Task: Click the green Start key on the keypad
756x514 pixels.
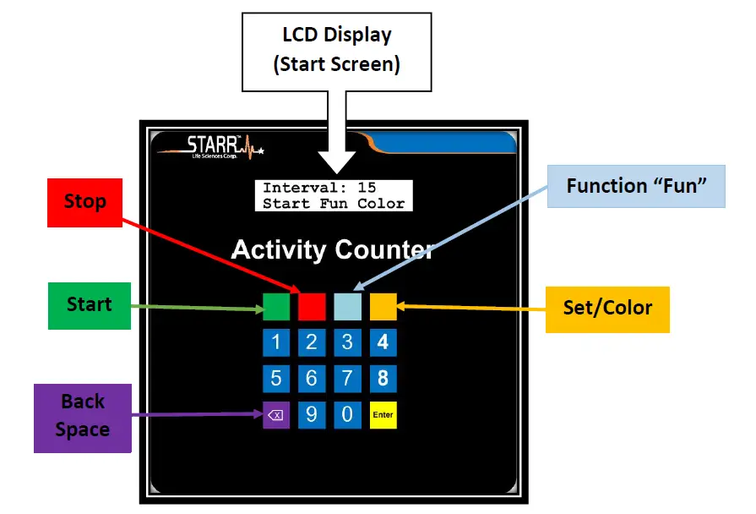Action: [276, 306]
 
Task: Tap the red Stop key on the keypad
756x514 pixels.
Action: [312, 306]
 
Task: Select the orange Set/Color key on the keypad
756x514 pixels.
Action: [383, 306]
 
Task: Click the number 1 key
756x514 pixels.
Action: [276, 342]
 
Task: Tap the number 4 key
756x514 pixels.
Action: [383, 342]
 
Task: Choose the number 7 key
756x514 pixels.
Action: [347, 378]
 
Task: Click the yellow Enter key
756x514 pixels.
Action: [383, 414]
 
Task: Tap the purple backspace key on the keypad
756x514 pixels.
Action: [276, 414]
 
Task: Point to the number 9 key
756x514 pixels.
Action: [312, 414]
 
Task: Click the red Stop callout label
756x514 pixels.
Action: [85, 201]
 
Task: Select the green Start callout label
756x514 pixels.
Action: [89, 304]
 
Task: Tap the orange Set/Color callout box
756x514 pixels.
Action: [607, 308]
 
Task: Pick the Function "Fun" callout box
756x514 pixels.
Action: [636, 186]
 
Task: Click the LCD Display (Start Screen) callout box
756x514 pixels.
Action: [336, 51]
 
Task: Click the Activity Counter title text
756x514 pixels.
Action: [332, 250]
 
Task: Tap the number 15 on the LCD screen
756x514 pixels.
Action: [366, 188]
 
